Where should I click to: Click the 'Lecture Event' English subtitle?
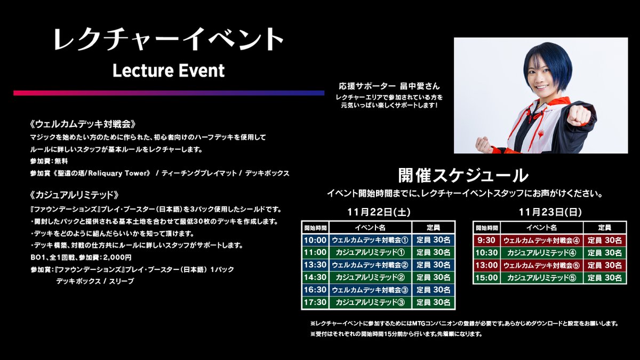point(169,70)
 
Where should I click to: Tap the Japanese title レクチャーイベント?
point(169,40)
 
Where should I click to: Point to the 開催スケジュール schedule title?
point(463,175)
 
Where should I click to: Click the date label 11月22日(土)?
point(378,212)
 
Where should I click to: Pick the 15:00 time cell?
point(486,277)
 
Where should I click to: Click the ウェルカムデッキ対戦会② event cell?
point(370,265)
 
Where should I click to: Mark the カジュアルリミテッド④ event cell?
point(541,252)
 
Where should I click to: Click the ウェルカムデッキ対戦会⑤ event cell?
point(541,265)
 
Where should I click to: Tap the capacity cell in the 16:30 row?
point(434,290)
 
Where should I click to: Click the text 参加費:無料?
point(49,161)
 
